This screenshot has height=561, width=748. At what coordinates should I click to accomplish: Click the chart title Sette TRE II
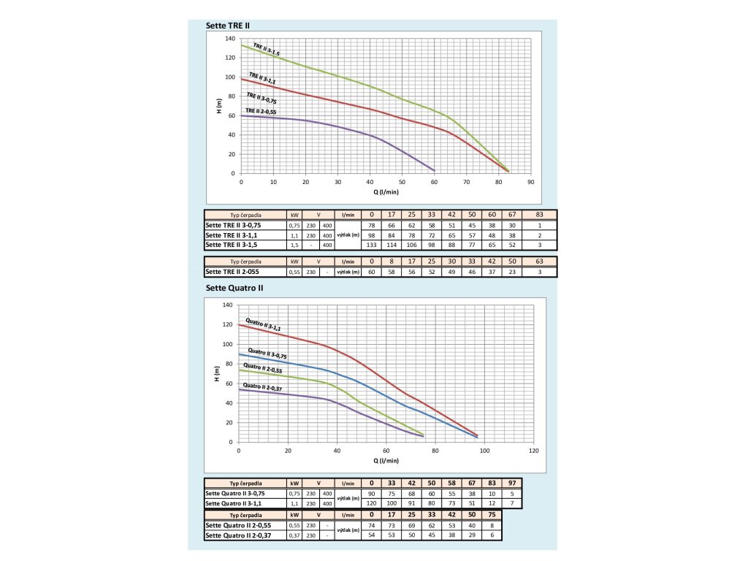pos(228,24)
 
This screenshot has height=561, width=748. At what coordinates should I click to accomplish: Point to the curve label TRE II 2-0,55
pos(261,111)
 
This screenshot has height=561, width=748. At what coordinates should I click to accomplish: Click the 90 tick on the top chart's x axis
pos(531,182)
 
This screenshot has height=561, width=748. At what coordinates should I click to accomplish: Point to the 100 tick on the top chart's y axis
pos(232,77)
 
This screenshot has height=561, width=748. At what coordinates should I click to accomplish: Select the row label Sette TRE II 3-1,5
pos(233,245)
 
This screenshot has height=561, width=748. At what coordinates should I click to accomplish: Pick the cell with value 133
pos(372,245)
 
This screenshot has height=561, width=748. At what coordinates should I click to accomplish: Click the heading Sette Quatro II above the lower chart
pos(234,288)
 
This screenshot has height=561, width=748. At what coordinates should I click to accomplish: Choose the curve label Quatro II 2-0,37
pos(262,387)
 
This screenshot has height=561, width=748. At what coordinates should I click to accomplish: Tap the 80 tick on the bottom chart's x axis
pos(435,450)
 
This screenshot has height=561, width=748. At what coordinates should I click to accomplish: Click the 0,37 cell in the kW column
pos(294,535)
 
